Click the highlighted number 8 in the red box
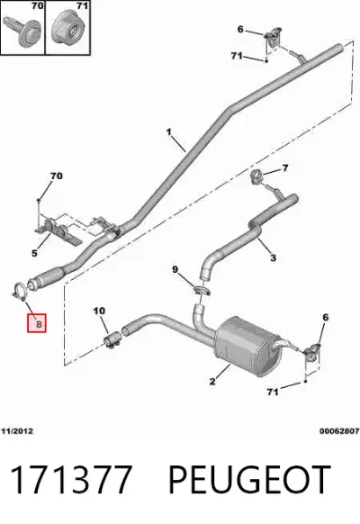point(39,323)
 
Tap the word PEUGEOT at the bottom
point(249,480)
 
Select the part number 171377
point(70,480)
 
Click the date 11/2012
point(17,431)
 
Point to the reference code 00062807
point(339,431)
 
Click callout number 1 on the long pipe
point(169,132)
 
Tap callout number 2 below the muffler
point(212,382)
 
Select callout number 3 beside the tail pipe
point(274,257)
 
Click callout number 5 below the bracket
point(35,253)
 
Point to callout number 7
point(285,167)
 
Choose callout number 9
point(175,269)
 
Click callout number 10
point(99,312)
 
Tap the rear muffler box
point(247,346)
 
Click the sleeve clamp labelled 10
point(112,340)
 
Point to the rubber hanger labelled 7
point(256,176)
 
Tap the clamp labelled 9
point(202,291)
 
